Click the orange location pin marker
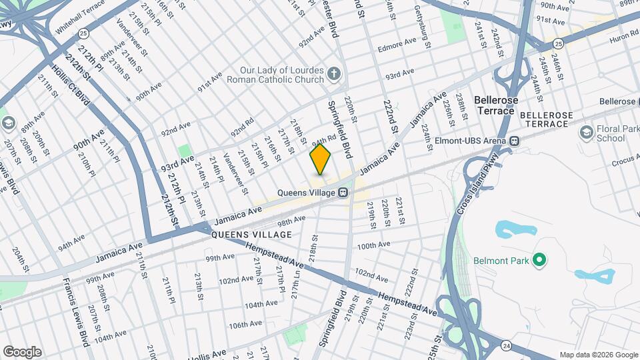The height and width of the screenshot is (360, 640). click(320, 159)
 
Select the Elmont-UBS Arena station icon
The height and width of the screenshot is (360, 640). click(514, 141)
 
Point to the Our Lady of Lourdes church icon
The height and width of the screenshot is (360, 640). click(335, 73)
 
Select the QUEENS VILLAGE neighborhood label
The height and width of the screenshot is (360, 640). click(252, 235)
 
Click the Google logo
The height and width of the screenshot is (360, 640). click(22, 352)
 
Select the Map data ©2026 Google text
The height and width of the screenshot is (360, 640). click(599, 355)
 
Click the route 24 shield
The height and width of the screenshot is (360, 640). click(507, 345)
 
